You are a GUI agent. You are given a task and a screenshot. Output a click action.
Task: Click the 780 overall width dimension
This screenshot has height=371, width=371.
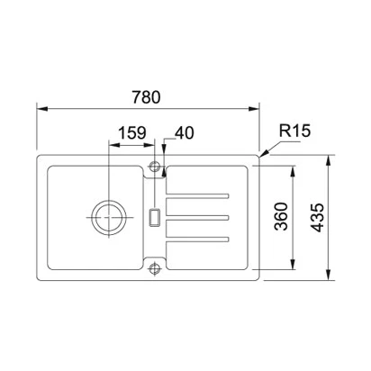(x=146, y=97)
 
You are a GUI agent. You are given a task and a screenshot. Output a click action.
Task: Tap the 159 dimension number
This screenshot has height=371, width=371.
(x=132, y=132)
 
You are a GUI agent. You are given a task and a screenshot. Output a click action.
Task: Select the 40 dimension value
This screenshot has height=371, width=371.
(x=185, y=132)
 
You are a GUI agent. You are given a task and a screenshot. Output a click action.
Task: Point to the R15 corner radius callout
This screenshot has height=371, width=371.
(x=294, y=131)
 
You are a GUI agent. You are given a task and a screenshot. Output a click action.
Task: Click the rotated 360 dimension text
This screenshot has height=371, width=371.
(x=281, y=216)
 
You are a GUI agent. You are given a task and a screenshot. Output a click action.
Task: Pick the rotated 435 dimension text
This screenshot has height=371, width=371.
(x=317, y=218)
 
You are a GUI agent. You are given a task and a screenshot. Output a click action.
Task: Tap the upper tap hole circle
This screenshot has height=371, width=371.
(x=155, y=166)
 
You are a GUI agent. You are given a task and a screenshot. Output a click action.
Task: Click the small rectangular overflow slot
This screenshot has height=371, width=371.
(x=155, y=217)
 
